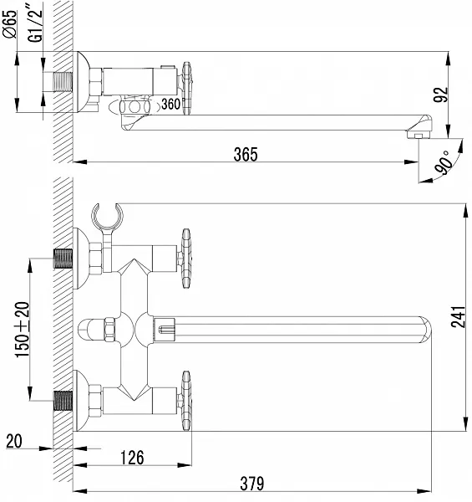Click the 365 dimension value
(246, 154)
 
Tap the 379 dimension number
(252, 484)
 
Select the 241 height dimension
(458, 317)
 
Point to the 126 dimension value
(132, 458)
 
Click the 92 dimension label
(441, 95)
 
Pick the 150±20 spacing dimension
(23, 330)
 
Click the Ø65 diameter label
(9, 24)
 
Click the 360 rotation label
(170, 105)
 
